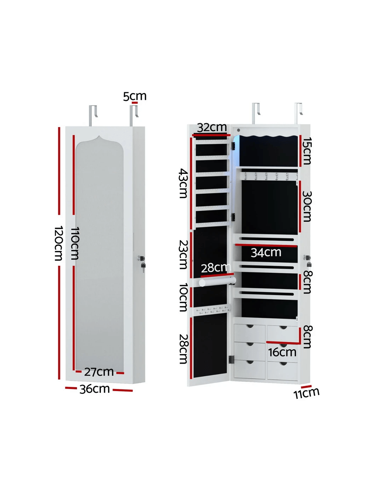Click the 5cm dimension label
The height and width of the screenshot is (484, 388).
[134, 96]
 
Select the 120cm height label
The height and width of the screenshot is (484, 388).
[59, 243]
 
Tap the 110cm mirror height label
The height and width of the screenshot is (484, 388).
[74, 243]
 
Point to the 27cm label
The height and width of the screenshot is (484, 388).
[99, 372]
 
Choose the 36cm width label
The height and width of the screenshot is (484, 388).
[95, 389]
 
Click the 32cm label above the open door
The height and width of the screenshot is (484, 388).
[212, 127]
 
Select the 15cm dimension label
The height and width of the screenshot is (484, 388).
[307, 151]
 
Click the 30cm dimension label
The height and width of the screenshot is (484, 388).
[307, 206]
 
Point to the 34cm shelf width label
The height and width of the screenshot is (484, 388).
[266, 252]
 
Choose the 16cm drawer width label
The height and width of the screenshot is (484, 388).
[282, 352]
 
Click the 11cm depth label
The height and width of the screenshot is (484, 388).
[307, 393]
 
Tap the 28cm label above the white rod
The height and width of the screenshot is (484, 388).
[215, 268]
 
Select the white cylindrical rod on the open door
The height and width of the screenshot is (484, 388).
[216, 282]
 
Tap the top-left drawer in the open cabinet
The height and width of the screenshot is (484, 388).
[249, 333]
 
